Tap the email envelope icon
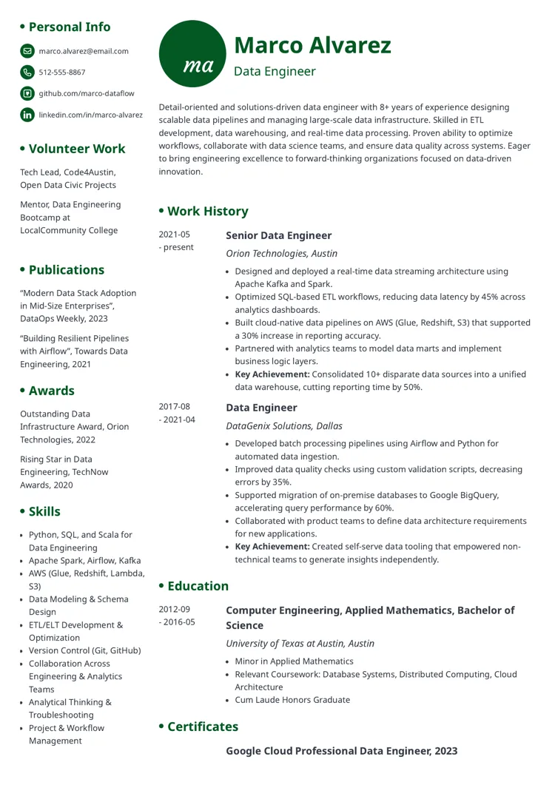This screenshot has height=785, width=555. pos(27,51)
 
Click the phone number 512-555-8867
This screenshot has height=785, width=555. pos(61,73)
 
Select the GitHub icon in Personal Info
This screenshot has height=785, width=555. pos(27,93)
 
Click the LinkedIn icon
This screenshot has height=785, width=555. pos(27,115)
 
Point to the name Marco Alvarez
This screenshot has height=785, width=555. pos(312,45)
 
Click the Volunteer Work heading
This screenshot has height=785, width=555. pos(76,149)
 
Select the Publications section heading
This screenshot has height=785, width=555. pos(66,270)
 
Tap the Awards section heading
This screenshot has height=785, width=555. pos(51,391)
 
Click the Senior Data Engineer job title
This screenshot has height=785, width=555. pos(278,235)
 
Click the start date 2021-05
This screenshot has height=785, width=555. pos(174,235)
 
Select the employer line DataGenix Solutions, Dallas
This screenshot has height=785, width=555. pos(283,425)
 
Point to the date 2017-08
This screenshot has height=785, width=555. pos(174,407)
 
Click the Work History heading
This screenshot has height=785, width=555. pos(207,211)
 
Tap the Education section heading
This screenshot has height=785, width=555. pos(198,586)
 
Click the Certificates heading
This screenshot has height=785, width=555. pos(203,727)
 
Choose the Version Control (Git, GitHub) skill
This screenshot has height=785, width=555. pos(84,650)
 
